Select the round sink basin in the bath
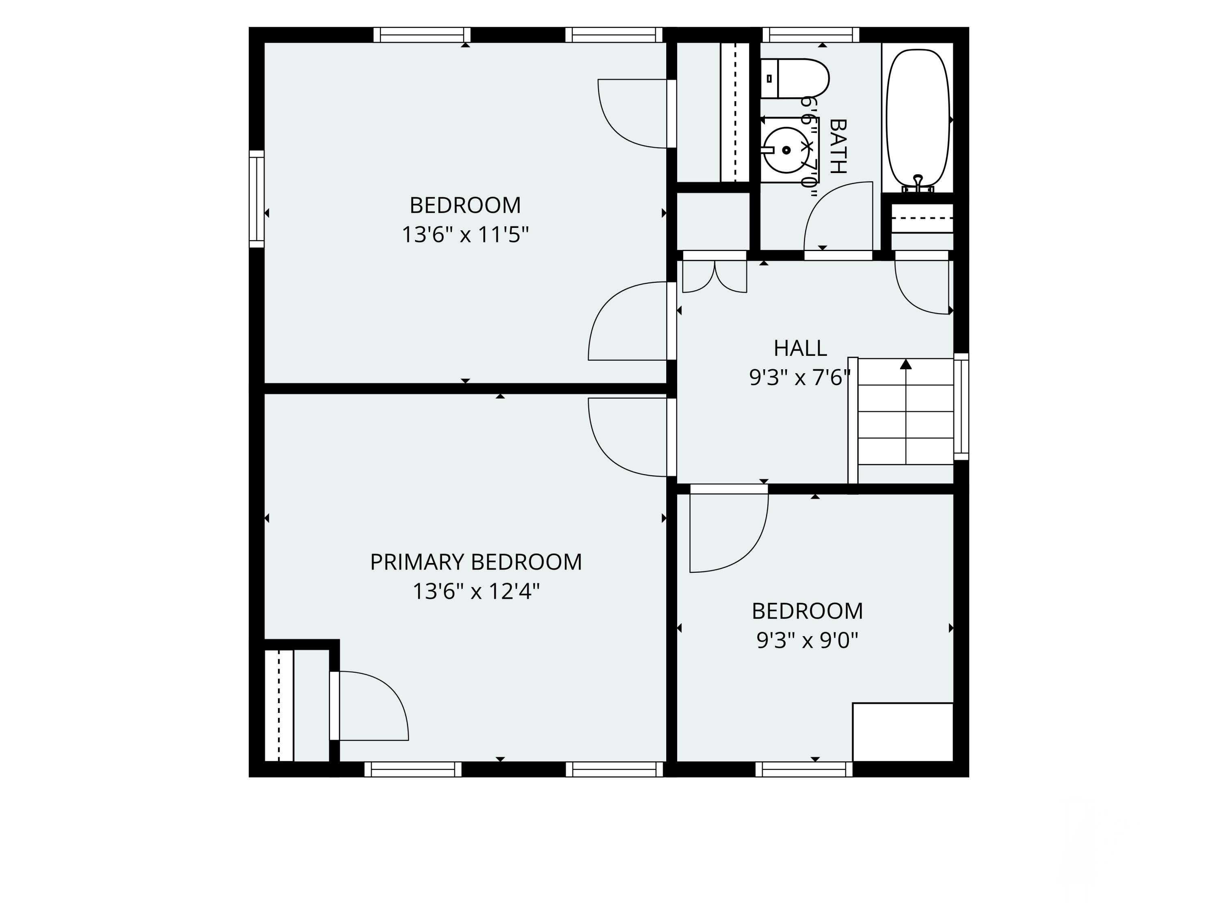coord(786,150)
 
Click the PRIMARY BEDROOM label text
coord(476,562)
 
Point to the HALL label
coord(800,348)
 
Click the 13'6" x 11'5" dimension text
coord(465,235)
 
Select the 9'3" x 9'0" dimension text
coord(807,640)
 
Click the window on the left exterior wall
coord(257,199)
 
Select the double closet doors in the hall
coord(715,275)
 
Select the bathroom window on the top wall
coord(810,35)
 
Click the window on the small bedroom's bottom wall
coord(804,769)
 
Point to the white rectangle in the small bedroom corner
coord(903,732)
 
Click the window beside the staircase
coord(961,407)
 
